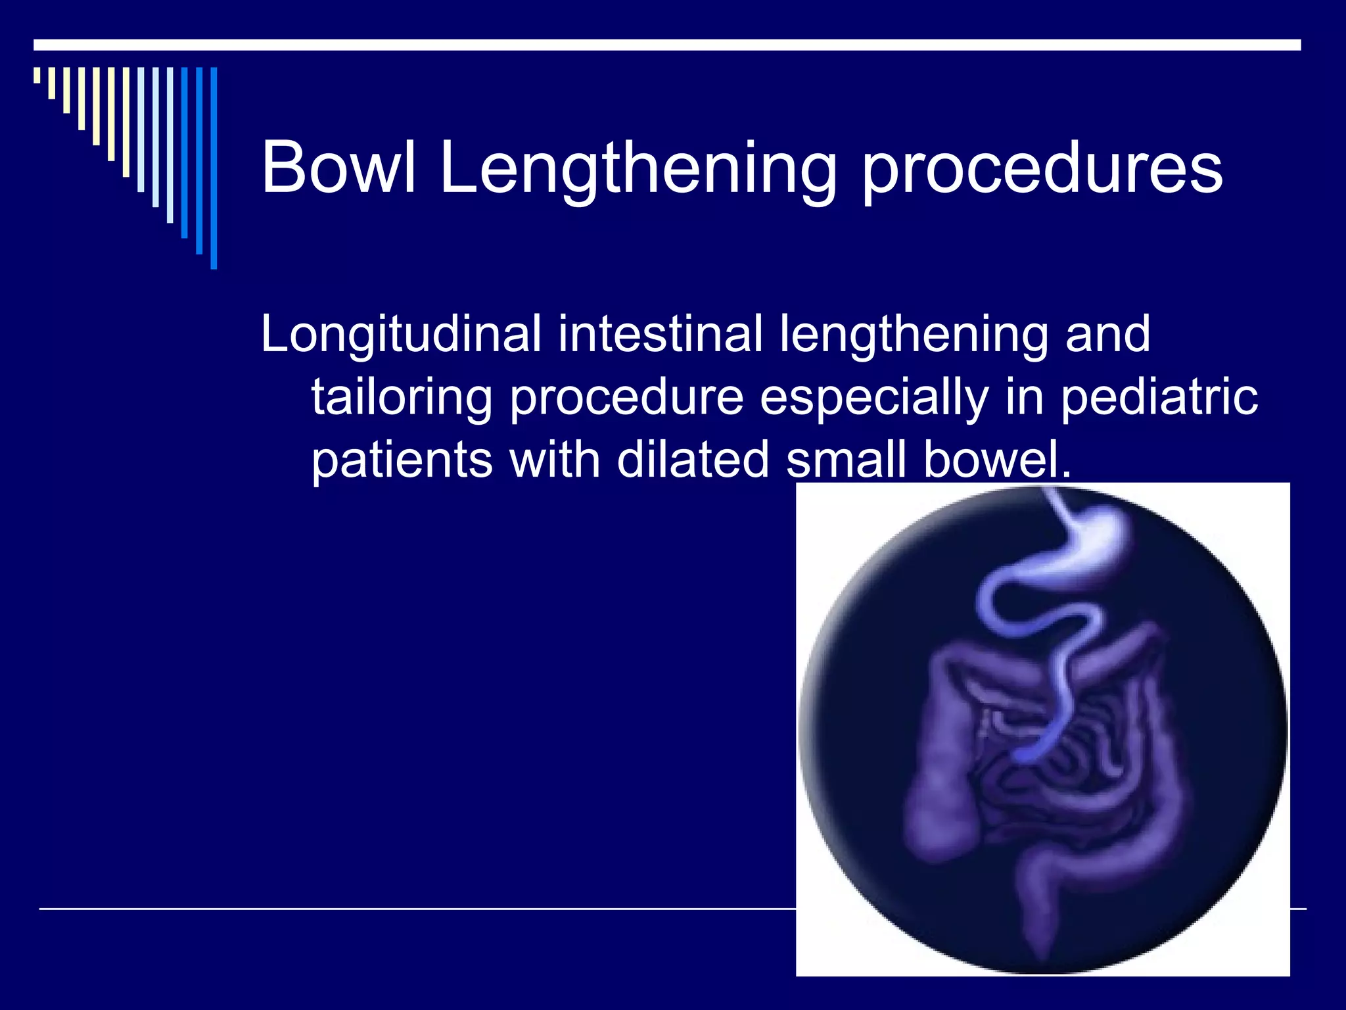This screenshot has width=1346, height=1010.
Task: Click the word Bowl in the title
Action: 338,168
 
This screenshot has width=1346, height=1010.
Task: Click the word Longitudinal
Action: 401,334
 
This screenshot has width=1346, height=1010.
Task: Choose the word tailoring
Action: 402,397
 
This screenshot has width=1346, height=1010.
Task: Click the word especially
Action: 874,397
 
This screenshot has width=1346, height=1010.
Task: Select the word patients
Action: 402,460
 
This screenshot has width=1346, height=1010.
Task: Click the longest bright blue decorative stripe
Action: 214,168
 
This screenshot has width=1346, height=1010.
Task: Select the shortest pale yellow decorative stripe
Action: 37,75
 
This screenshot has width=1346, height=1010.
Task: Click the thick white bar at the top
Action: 666,45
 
